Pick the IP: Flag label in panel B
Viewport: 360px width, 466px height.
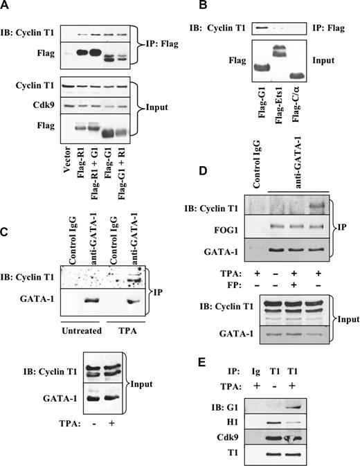coord(337,28)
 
